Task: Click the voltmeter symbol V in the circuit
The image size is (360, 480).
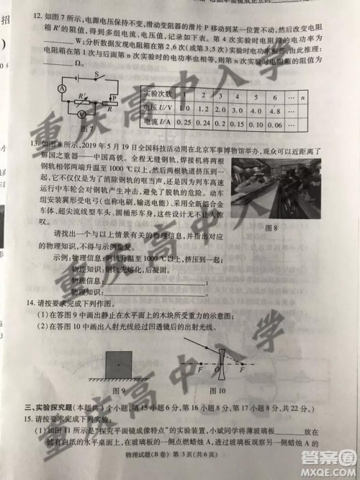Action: coord(82,113)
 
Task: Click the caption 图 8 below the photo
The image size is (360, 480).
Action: coord(272,228)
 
